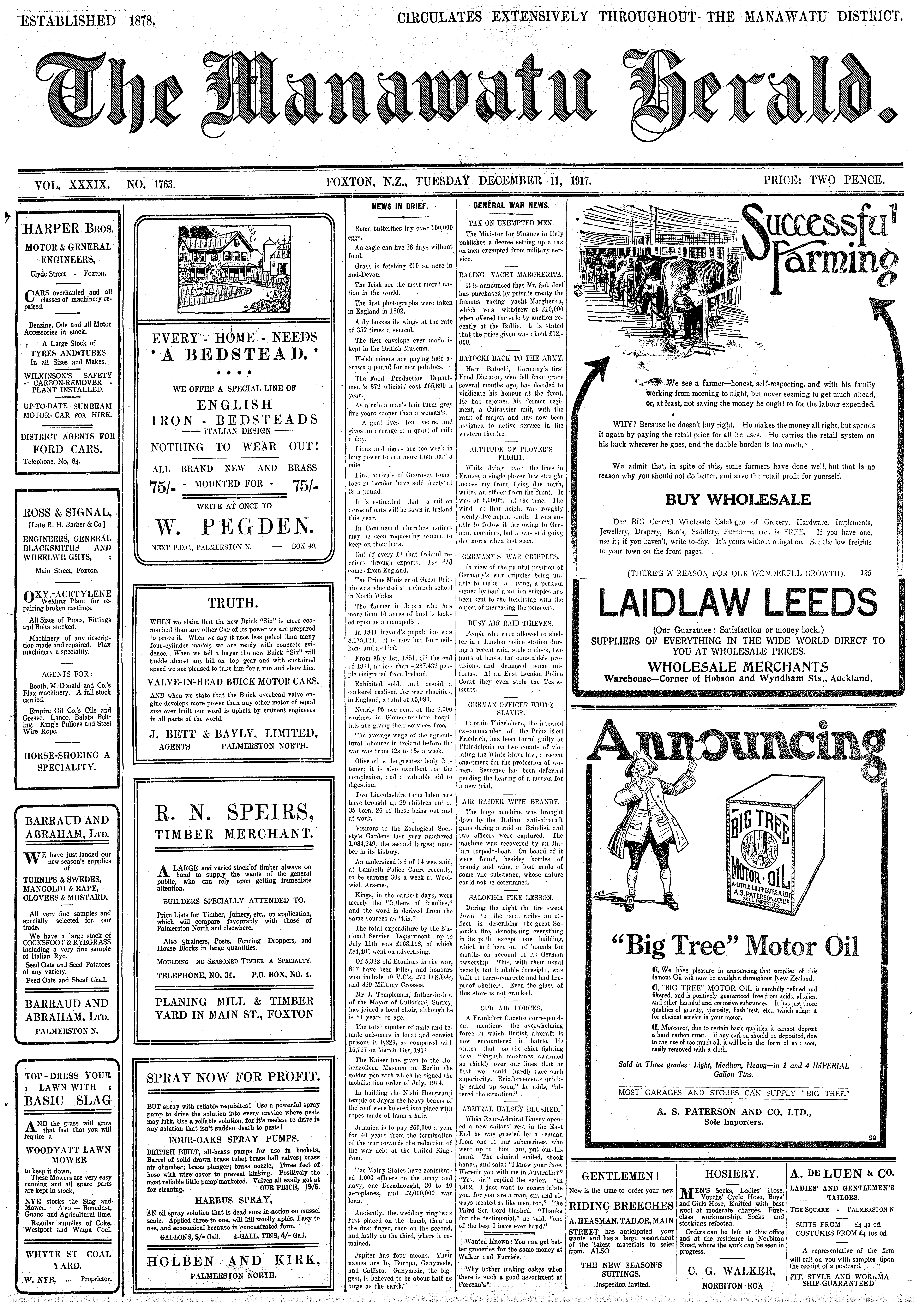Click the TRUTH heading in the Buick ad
tap(233, 603)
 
